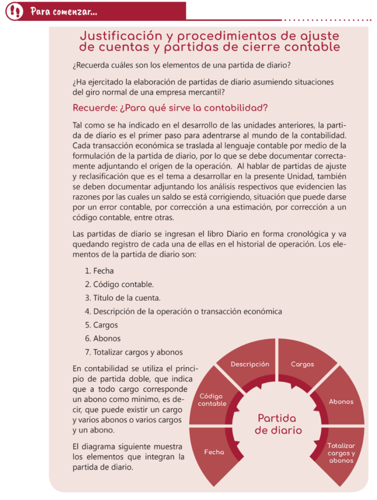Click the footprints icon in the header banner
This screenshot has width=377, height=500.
click(14, 11)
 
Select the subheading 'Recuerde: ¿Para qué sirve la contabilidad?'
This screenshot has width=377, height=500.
click(170, 108)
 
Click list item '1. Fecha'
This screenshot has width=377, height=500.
click(99, 271)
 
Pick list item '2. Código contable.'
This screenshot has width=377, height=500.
click(119, 284)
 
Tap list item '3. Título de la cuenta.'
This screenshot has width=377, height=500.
click(122, 297)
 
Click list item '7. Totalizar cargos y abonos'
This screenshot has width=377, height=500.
click(134, 352)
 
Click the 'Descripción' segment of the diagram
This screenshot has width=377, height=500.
click(250, 364)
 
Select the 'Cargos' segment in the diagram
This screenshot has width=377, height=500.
click(302, 364)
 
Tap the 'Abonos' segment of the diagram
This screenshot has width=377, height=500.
click(341, 401)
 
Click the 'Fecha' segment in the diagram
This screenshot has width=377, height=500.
click(214, 452)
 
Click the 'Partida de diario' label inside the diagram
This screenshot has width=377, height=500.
click(278, 424)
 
